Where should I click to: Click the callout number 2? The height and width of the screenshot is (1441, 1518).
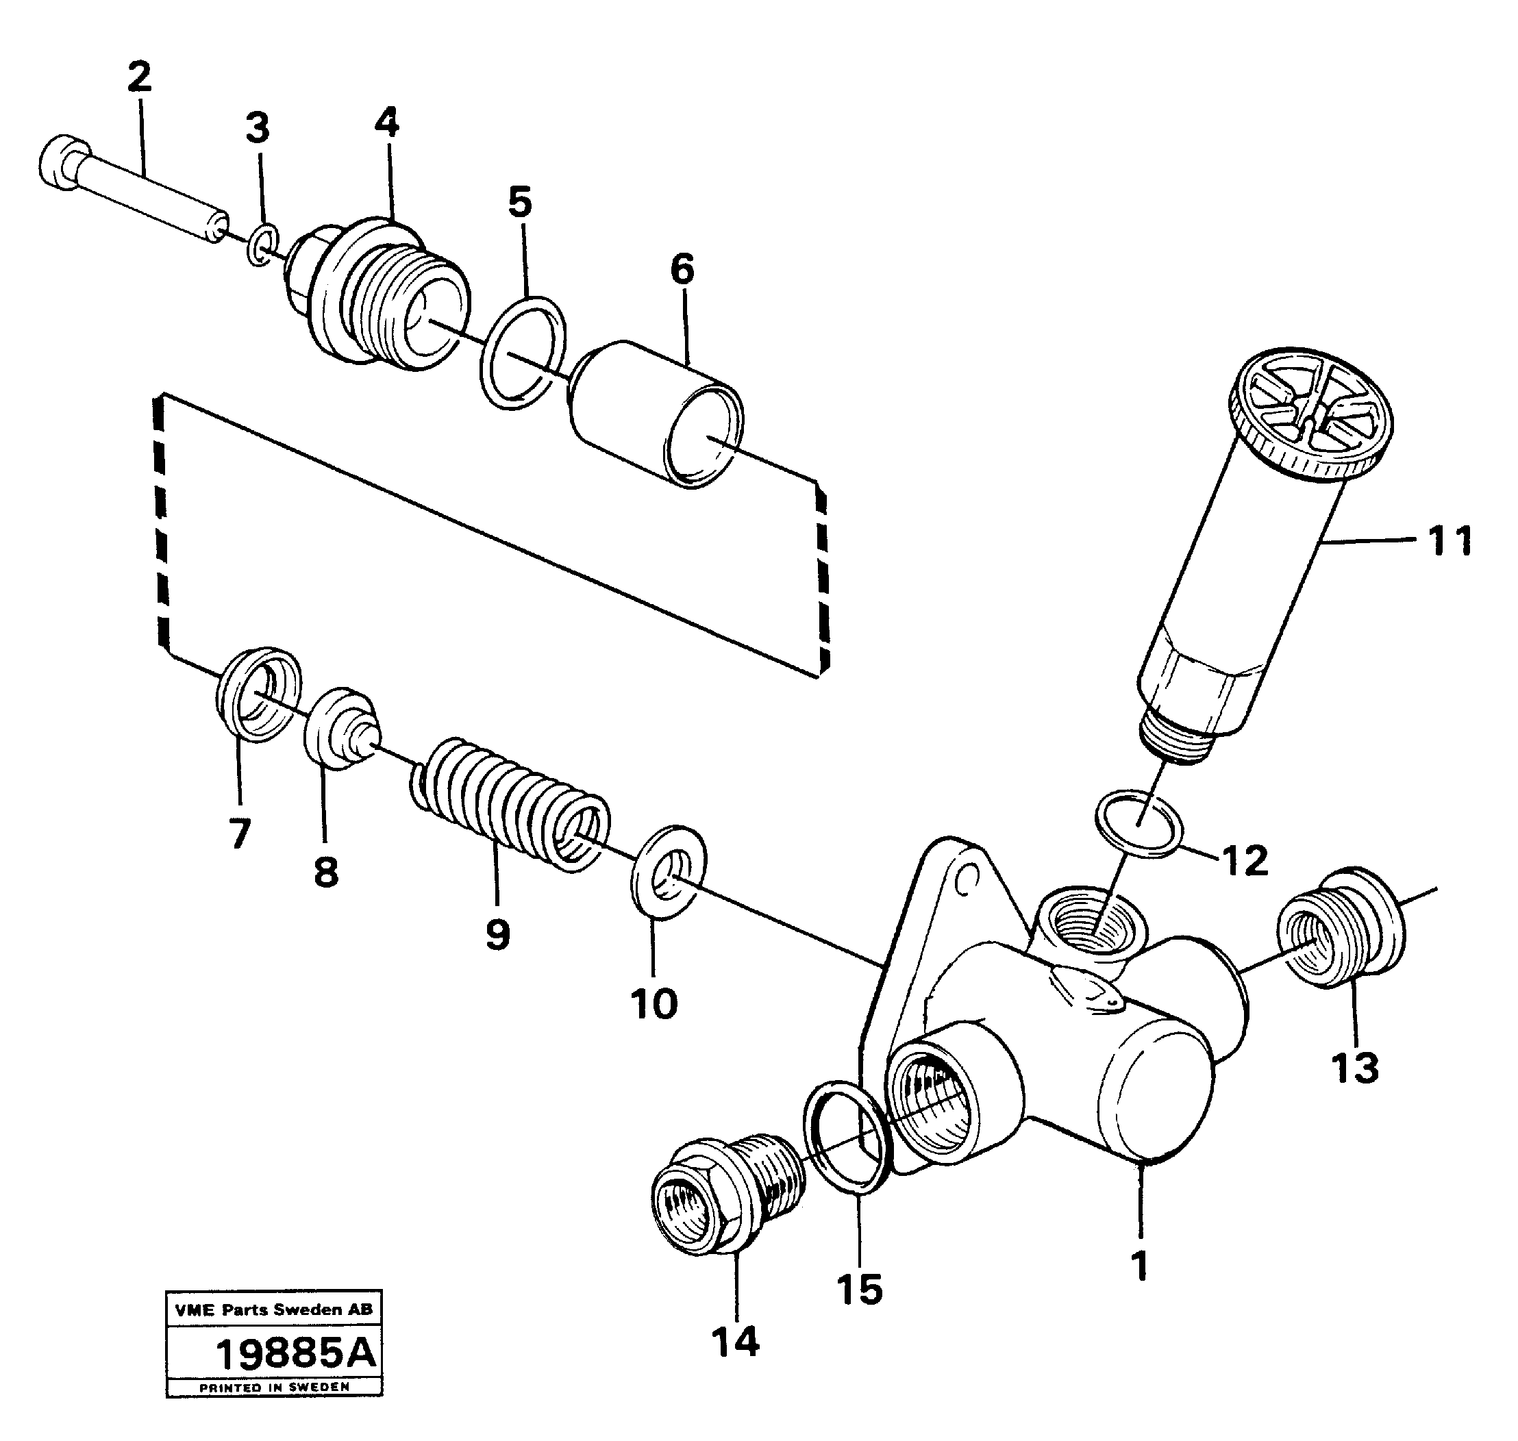139,77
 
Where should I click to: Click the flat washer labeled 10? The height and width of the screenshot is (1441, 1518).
669,872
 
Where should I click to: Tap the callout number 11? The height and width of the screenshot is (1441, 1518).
1449,541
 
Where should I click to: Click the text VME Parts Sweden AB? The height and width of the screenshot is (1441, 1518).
273,1310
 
